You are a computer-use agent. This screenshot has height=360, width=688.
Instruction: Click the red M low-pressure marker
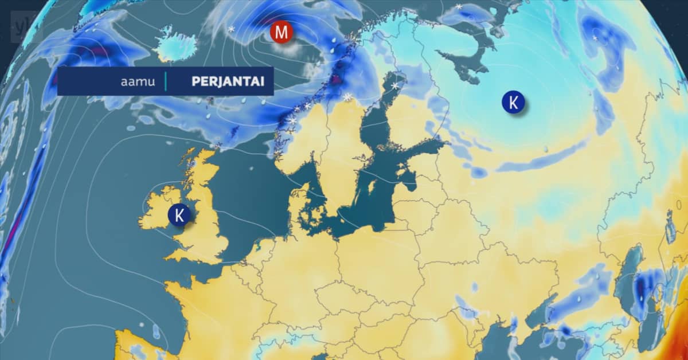[281, 32]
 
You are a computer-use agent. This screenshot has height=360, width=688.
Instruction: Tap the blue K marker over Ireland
[179, 215]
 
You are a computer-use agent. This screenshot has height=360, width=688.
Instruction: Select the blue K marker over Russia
[514, 103]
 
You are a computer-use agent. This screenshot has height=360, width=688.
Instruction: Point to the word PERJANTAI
[228, 81]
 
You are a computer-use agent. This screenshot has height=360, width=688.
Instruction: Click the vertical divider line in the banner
[166, 81]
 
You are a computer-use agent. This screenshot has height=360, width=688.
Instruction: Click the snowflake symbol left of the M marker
[231, 29]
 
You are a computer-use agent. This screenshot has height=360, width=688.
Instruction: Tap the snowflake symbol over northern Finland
[394, 86]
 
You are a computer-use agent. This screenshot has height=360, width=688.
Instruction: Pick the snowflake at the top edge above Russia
[459, 7]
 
